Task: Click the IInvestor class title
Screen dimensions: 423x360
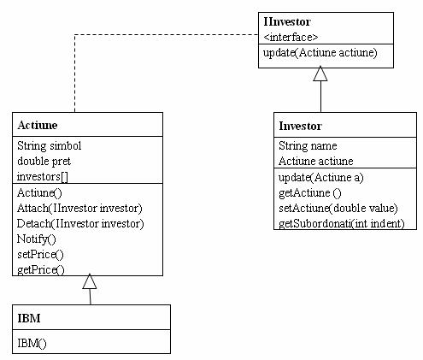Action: coord(287,22)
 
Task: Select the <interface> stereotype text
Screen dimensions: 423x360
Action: coord(291,37)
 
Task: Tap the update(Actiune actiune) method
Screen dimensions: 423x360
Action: coord(320,53)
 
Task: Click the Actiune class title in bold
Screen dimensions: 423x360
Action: coord(38,125)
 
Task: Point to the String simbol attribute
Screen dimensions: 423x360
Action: coord(50,146)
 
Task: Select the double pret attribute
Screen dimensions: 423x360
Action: coord(44,162)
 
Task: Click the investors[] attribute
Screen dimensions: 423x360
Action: coord(43,177)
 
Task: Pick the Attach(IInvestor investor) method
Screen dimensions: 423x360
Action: coord(79,209)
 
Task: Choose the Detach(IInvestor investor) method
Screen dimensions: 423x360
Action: coord(80,224)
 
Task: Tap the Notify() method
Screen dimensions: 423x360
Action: coord(37,239)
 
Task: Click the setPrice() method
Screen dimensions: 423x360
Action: coord(40,254)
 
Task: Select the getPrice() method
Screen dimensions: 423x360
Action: coord(41,269)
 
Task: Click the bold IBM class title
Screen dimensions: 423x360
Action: coord(29,318)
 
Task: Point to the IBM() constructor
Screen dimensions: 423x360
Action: coord(32,343)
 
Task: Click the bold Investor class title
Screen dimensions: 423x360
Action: coord(300,126)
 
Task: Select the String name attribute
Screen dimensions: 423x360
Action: coord(308,146)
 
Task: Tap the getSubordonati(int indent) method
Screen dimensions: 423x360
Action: coord(342,224)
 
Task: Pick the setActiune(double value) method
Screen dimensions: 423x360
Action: coord(338,209)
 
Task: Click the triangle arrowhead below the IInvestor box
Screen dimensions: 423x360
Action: coord(320,74)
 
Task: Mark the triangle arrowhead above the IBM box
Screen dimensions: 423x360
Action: coord(90,281)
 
